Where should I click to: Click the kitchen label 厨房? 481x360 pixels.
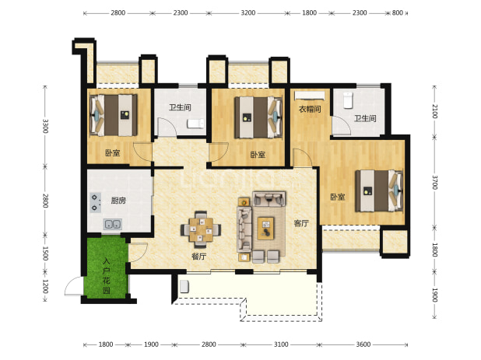pos(118,201)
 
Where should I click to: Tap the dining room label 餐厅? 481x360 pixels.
pos(198,257)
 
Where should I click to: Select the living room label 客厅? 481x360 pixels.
pos(301,223)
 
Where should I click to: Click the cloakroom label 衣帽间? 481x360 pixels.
pos(310,109)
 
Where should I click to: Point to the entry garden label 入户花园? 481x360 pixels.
pos(107,276)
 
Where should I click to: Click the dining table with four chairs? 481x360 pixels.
pos(201,229)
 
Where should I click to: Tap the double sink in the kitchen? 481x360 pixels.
pos(113,224)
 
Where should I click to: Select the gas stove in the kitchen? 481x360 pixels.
pos(95,202)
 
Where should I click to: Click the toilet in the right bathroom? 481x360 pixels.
pos(348,100)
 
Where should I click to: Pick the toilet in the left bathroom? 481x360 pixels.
pos(195,124)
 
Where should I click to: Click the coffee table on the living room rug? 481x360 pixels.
pos(265,229)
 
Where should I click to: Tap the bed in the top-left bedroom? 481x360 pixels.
pos(114,115)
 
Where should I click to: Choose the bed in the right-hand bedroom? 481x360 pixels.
pos(379,190)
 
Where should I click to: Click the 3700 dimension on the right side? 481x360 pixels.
pos(434,182)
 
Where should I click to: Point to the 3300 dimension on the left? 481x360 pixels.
pos(45,126)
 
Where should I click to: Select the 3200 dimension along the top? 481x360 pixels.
pos(248,12)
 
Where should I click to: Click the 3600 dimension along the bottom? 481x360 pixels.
pos(363,344)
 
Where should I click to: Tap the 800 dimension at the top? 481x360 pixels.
pos(397,12)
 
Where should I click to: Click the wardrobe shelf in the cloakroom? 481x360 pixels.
pos(310,96)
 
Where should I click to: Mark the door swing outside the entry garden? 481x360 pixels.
pos(74,286)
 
